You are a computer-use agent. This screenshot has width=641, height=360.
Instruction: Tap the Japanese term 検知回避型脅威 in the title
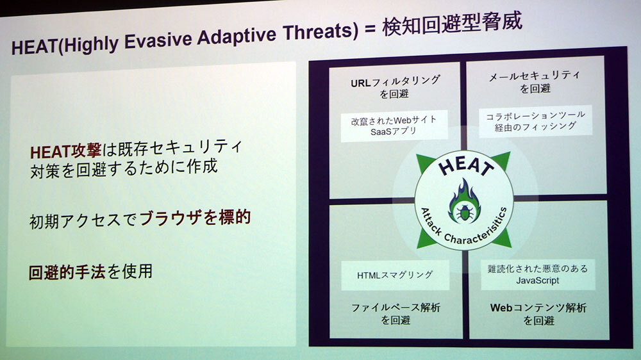click(x=452, y=22)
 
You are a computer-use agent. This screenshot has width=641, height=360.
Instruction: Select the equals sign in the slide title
click(x=369, y=29)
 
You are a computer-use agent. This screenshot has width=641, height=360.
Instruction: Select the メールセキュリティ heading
click(x=534, y=76)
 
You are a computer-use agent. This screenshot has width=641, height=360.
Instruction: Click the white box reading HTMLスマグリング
click(x=395, y=275)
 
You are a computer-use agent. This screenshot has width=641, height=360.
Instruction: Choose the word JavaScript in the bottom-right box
click(x=537, y=281)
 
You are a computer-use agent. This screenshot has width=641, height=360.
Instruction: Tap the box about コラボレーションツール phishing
click(x=535, y=121)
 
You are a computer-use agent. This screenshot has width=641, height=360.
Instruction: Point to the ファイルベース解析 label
click(x=395, y=307)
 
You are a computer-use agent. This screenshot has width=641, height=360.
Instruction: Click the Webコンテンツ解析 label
click(x=538, y=307)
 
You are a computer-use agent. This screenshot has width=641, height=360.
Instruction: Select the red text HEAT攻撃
click(x=65, y=151)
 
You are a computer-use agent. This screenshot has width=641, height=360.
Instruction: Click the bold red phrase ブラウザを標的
click(x=195, y=218)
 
